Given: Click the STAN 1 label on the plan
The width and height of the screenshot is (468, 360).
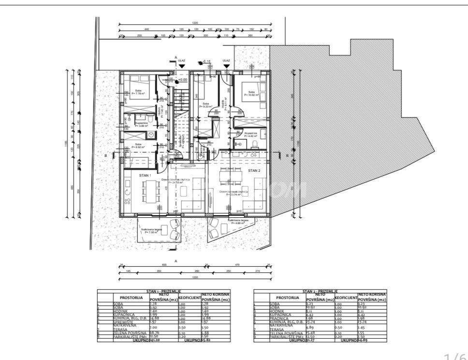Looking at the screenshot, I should tap(145, 175).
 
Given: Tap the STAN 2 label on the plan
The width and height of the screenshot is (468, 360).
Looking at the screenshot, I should tap(254, 171).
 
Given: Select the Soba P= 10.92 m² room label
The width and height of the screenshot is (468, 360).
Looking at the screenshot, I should tap(252, 94).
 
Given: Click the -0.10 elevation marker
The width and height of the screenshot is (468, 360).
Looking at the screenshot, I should tap(207, 61).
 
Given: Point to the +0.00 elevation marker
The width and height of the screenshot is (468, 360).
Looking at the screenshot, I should tap(182, 79).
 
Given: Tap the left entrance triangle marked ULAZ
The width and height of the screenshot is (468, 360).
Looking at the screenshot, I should tap(182, 65).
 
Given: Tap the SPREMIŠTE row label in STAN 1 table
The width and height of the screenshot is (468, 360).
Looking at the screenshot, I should tap(123, 321).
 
